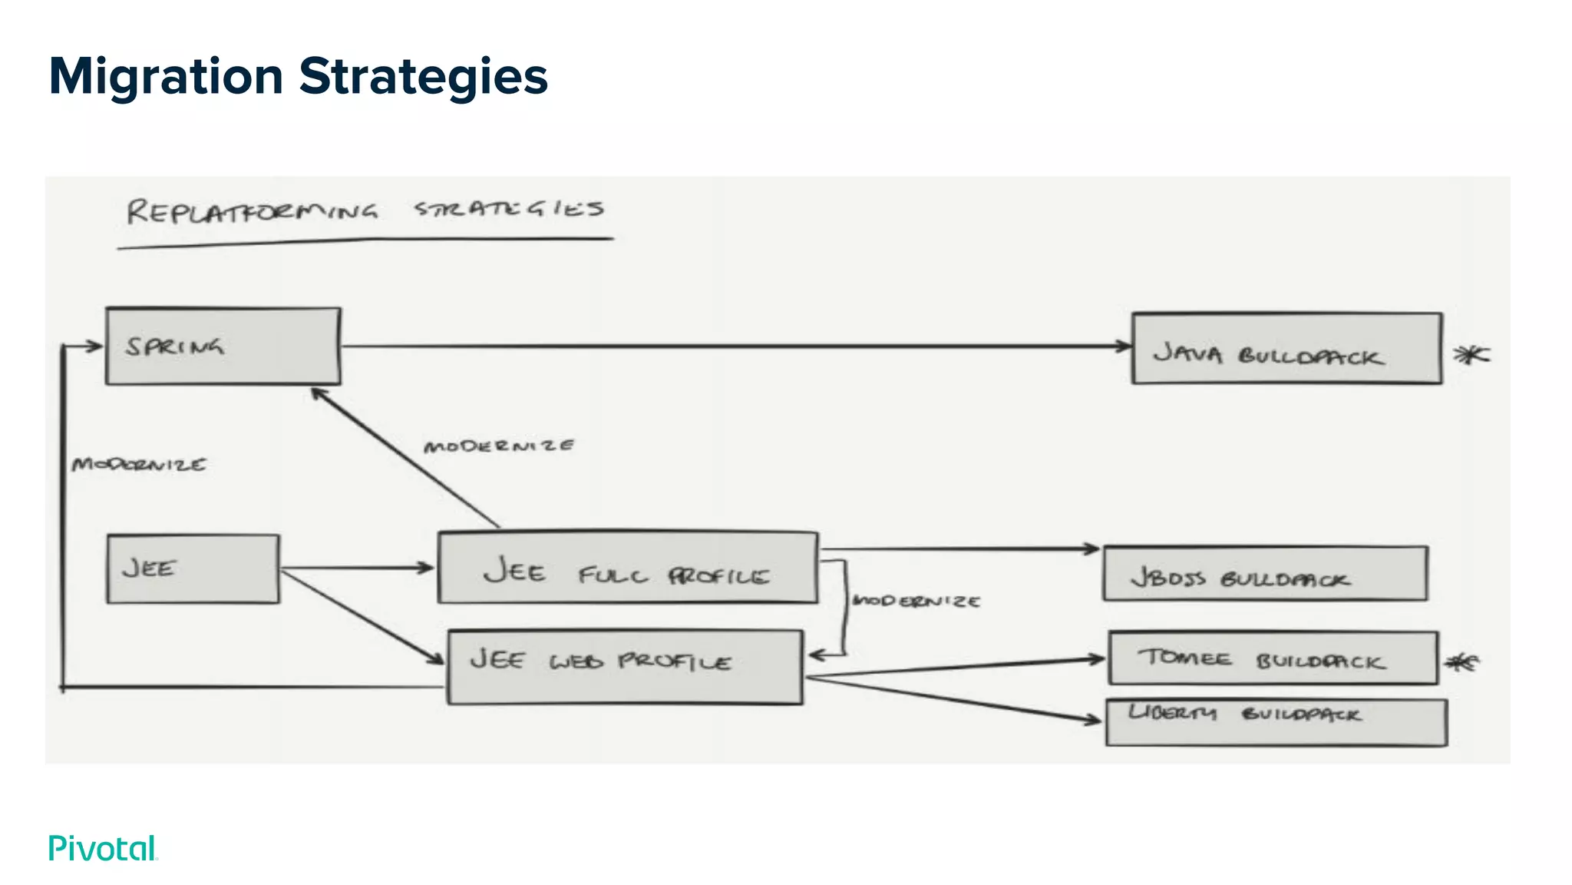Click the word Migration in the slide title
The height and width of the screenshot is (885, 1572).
pyautogui.click(x=166, y=77)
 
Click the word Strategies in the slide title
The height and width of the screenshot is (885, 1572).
pyautogui.click(x=423, y=77)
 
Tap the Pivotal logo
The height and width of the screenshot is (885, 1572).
pyautogui.click(x=102, y=848)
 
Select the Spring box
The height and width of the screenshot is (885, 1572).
pyautogui.click(x=223, y=346)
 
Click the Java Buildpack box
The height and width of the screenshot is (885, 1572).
pyautogui.click(x=1286, y=349)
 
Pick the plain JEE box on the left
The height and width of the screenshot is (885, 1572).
pyautogui.click(x=193, y=569)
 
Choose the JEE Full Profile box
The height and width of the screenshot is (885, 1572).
pyautogui.click(x=627, y=568)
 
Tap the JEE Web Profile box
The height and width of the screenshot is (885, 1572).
pyautogui.click(x=625, y=667)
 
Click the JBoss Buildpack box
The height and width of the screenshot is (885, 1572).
pyautogui.click(x=1265, y=574)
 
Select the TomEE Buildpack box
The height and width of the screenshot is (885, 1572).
pyautogui.click(x=1273, y=658)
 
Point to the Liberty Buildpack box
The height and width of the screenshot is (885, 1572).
pyautogui.click(x=1276, y=722)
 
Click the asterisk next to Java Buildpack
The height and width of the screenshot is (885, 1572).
pyautogui.click(x=1471, y=354)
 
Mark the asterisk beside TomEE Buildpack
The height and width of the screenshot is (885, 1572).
pyautogui.click(x=1461, y=662)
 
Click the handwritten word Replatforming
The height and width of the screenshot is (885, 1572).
pyautogui.click(x=252, y=211)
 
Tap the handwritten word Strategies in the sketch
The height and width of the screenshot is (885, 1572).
pyautogui.click(x=509, y=208)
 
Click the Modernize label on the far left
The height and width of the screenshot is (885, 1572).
pyautogui.click(x=139, y=465)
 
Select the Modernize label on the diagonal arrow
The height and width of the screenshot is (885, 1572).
pyautogui.click(x=499, y=446)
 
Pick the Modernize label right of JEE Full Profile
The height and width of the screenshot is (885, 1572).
pyautogui.click(x=916, y=601)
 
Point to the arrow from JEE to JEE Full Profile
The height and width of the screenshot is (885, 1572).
pyautogui.click(x=357, y=568)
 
